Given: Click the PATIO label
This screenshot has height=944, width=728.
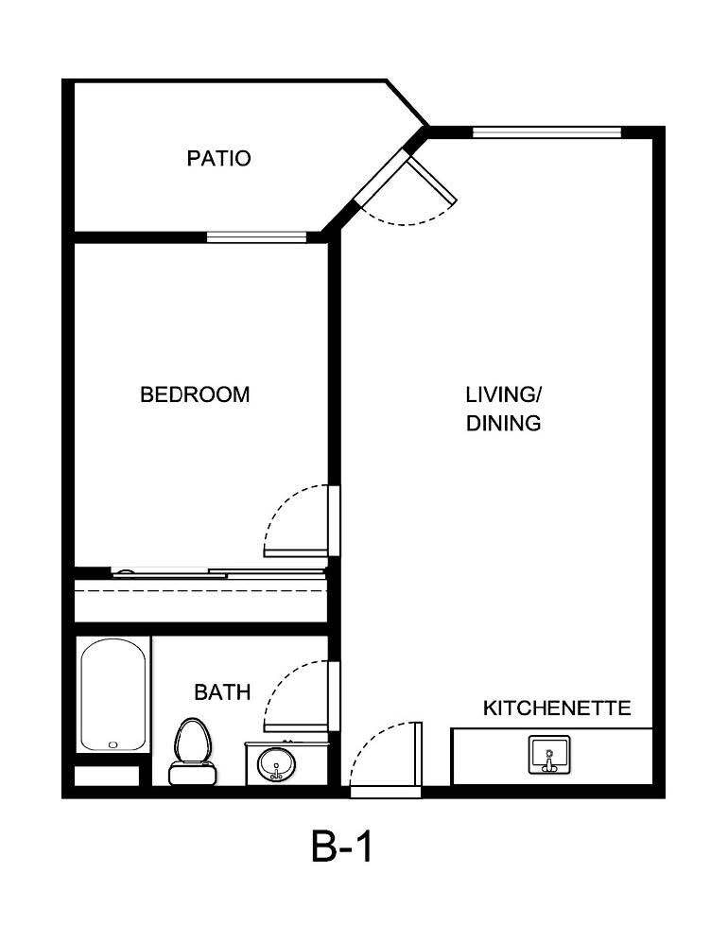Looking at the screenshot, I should point(218,158).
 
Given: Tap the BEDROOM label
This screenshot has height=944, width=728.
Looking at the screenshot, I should point(195,394).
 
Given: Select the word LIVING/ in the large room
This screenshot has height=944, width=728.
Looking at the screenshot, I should point(504,393).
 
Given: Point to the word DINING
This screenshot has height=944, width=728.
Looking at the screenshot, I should point(504,424).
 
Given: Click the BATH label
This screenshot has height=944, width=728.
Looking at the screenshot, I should point(222,692).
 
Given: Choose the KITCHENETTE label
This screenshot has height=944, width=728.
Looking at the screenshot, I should point(557,708).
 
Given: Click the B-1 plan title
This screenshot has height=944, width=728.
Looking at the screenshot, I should point(342,847).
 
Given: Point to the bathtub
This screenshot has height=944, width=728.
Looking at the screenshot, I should point(113,695).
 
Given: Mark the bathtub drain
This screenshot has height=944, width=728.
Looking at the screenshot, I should point(113,744).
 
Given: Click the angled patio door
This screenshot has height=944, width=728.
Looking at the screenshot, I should point(407,189).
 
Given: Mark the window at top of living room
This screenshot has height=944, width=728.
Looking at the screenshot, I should point(546,132).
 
